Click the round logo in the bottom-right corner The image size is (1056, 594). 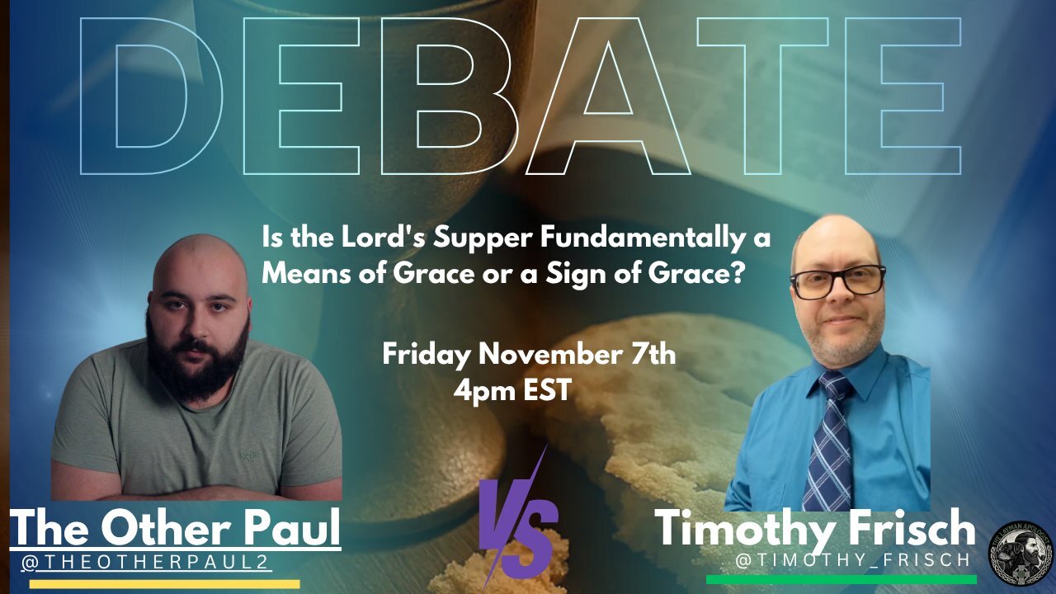1021,546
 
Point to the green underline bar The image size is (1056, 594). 841,579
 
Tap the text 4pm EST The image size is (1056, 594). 511,389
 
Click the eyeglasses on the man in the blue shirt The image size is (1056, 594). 837,280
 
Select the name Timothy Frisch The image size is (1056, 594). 814,529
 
